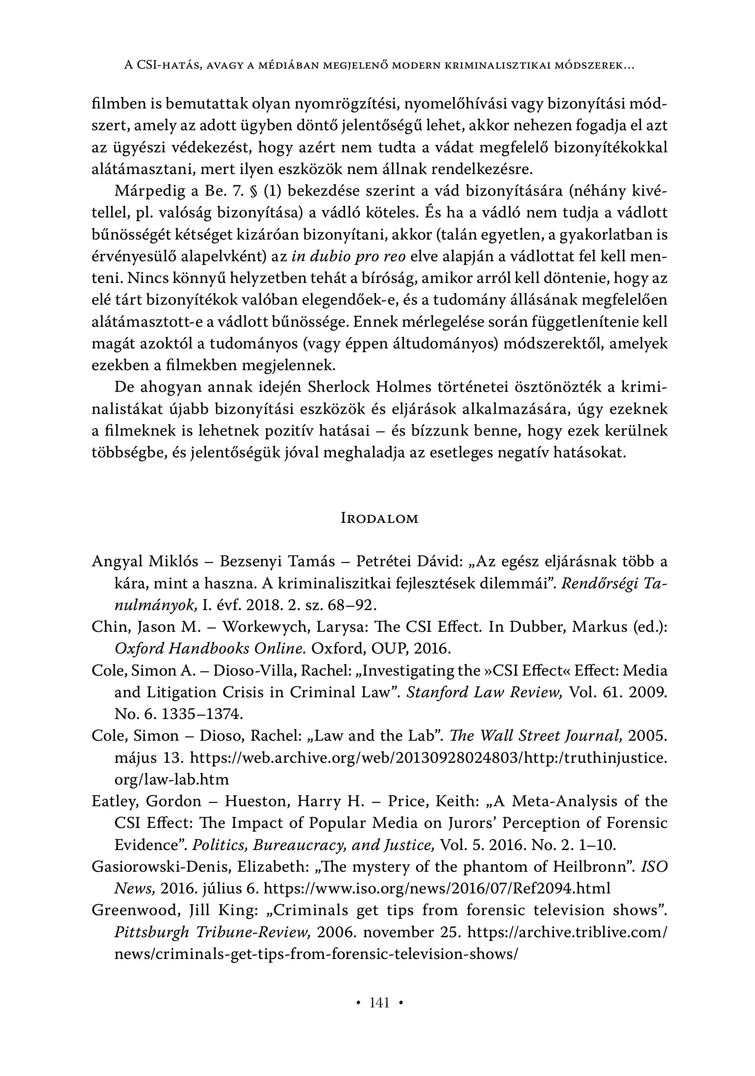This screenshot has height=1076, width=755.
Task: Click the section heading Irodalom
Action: click(x=379, y=518)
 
